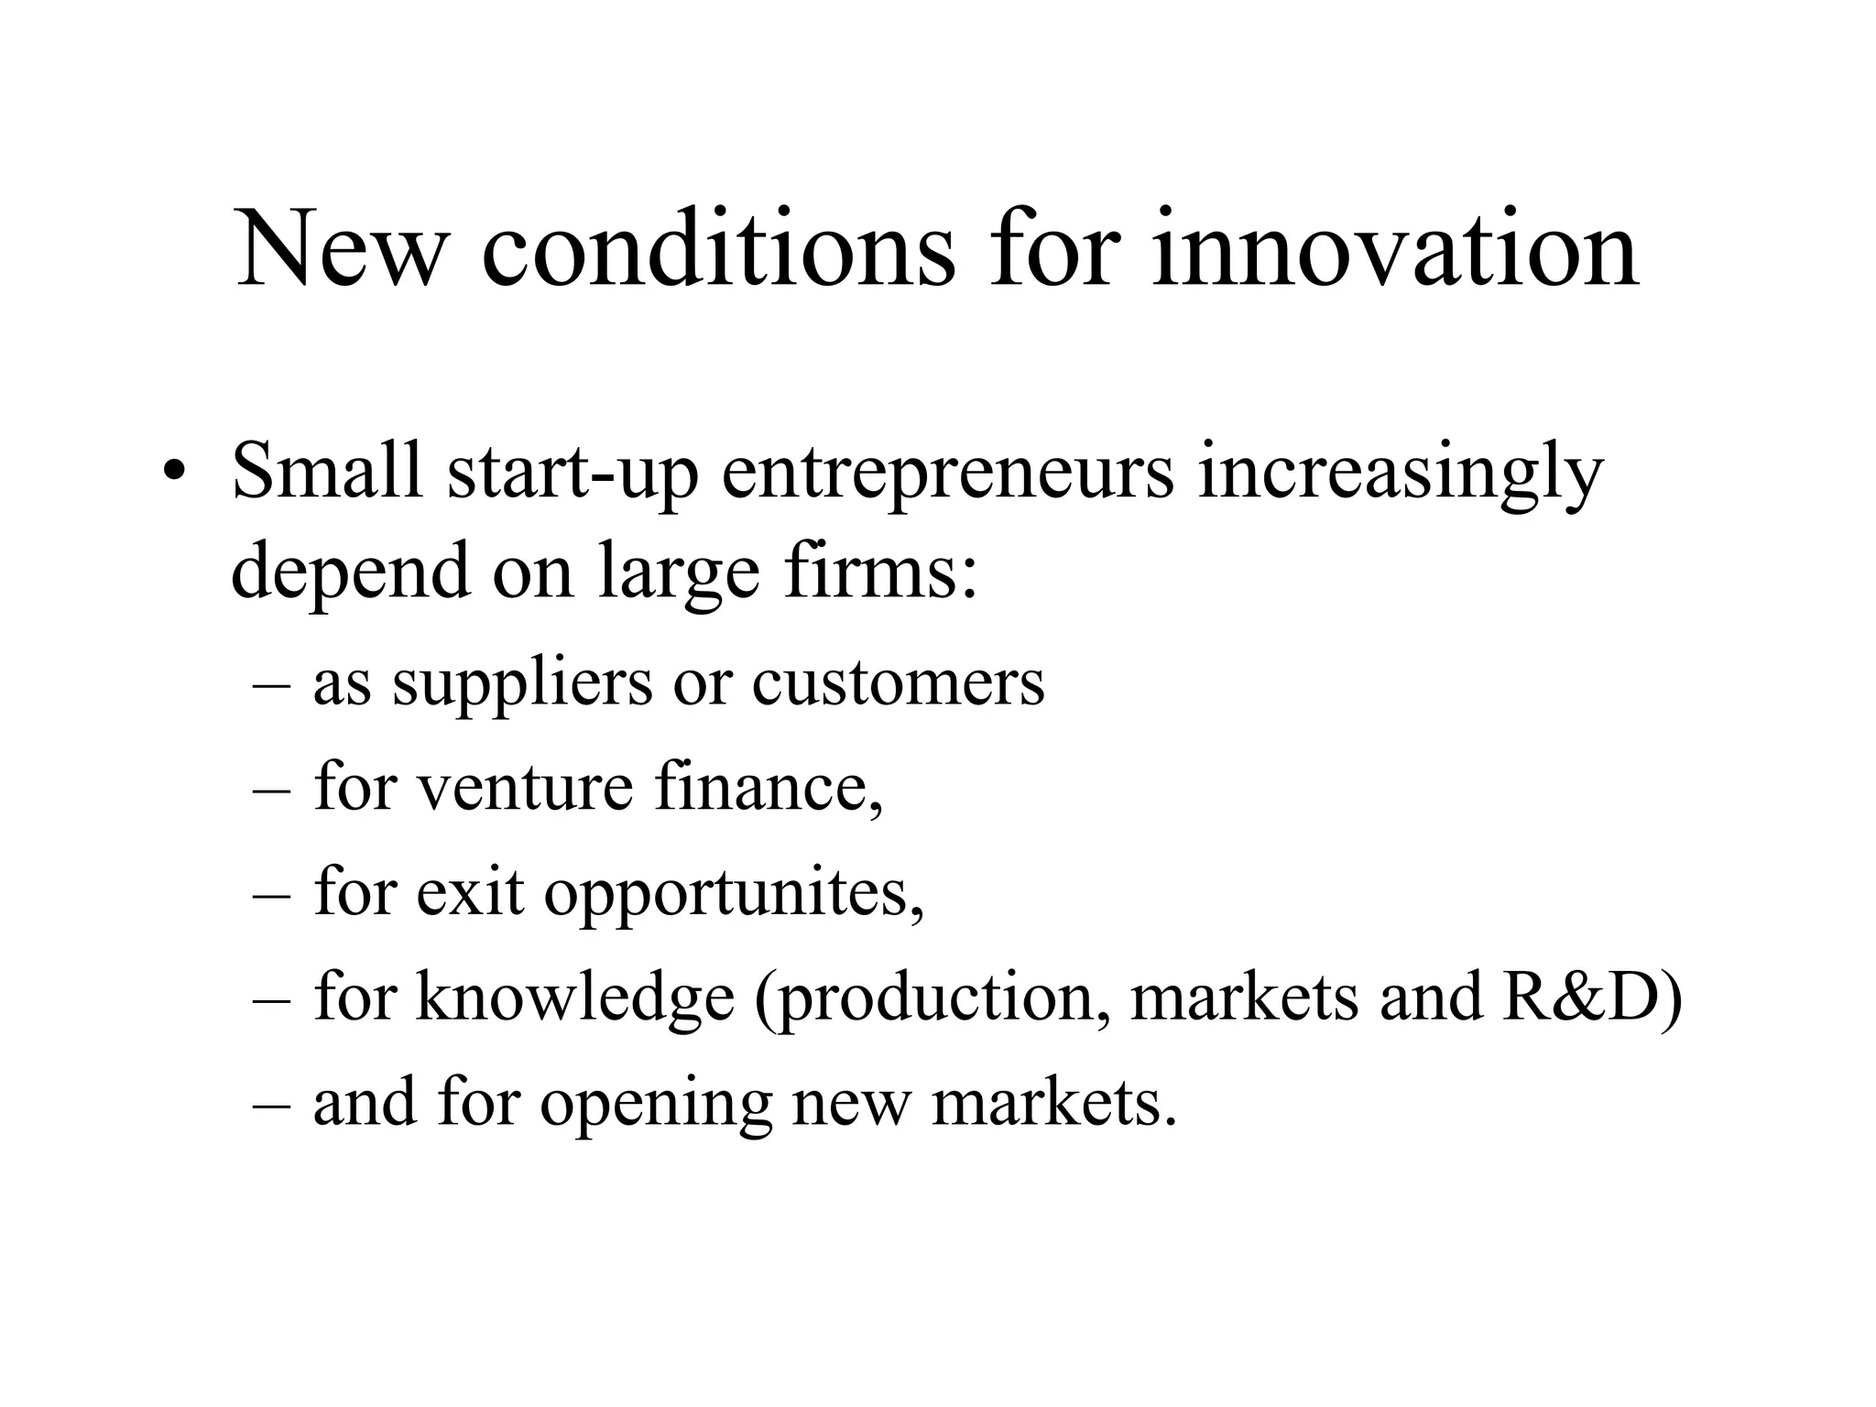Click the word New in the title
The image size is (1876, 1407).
(x=341, y=249)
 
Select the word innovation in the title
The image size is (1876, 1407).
(x=1395, y=249)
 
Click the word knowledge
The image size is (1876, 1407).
(x=575, y=997)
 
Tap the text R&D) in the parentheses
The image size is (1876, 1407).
(x=1592, y=997)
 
